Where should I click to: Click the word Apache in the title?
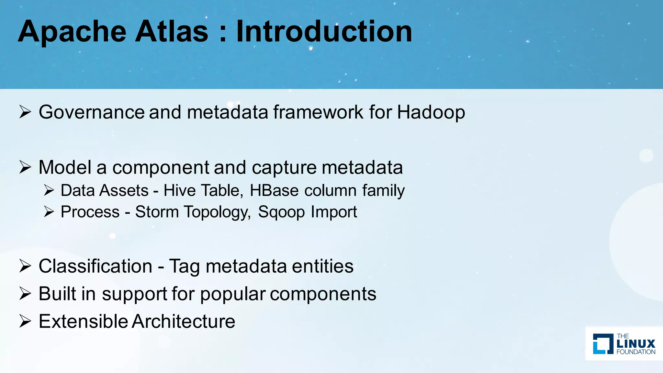click(72, 32)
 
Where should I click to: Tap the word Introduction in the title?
click(324, 32)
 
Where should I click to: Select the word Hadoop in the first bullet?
click(431, 112)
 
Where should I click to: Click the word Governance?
click(92, 112)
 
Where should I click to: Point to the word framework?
click(318, 112)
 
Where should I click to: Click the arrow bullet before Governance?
click(25, 112)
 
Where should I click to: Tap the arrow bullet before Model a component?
click(25, 167)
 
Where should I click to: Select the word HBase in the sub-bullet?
click(274, 190)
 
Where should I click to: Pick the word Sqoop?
click(281, 212)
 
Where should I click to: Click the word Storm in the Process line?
click(157, 212)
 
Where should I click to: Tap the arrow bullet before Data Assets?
click(49, 190)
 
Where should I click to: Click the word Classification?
click(96, 266)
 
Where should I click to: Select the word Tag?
click(185, 267)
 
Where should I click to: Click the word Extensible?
click(83, 322)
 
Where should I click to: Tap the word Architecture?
click(184, 322)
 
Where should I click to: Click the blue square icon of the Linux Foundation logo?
click(603, 344)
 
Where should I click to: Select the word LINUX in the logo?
click(636, 344)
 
